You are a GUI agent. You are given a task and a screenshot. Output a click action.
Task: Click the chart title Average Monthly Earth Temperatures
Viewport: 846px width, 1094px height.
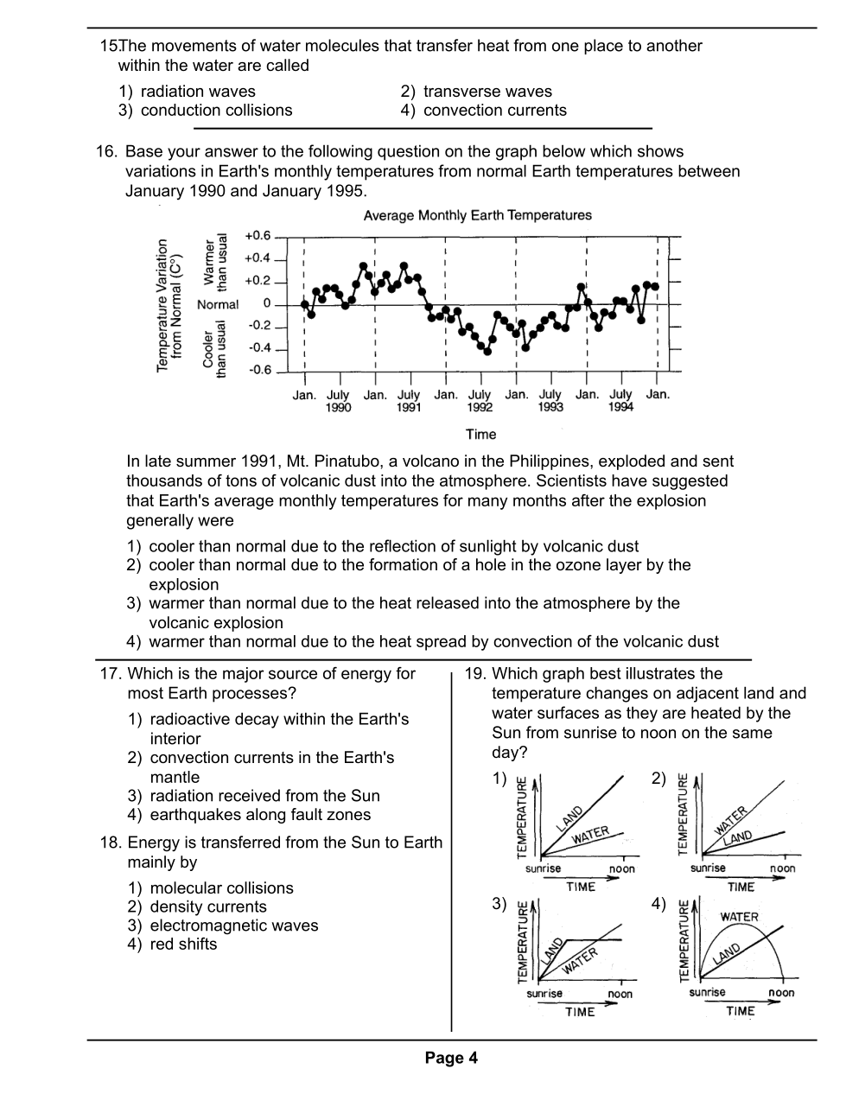[x=477, y=215]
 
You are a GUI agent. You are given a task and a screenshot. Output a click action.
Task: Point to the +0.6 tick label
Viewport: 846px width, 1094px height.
[x=258, y=236]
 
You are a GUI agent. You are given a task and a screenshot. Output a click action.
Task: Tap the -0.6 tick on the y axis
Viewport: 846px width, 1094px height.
[x=259, y=371]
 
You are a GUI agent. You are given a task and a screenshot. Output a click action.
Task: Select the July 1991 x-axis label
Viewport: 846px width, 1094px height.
[x=409, y=401]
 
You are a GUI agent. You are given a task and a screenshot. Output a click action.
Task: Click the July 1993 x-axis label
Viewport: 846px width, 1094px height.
[x=550, y=401]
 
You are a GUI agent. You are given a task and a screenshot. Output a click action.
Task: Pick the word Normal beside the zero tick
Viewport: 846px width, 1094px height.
[x=218, y=304]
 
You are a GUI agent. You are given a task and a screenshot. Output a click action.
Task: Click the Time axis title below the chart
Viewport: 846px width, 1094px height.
[x=480, y=434]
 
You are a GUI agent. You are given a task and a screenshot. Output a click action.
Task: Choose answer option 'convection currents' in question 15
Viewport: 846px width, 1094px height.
[x=495, y=111]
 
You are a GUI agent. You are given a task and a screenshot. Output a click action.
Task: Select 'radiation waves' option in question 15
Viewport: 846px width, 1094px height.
[x=198, y=92]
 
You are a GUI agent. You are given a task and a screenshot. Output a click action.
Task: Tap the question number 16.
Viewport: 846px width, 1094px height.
[x=106, y=152]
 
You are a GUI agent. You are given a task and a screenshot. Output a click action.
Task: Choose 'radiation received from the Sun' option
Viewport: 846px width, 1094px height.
[x=264, y=796]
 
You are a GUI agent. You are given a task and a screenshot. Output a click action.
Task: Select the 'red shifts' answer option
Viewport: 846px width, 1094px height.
[x=183, y=945]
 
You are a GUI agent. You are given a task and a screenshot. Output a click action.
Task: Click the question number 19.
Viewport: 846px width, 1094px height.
[x=475, y=674]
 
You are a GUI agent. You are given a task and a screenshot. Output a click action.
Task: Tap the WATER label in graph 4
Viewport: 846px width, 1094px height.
[x=739, y=917]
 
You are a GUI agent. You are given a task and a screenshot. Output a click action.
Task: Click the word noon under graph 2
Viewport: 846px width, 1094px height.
[x=782, y=868]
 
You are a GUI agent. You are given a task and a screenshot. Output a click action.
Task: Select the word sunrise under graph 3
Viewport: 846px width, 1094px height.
[x=544, y=994]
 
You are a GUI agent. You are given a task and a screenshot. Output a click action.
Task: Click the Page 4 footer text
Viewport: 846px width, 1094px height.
[x=451, y=1059]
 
